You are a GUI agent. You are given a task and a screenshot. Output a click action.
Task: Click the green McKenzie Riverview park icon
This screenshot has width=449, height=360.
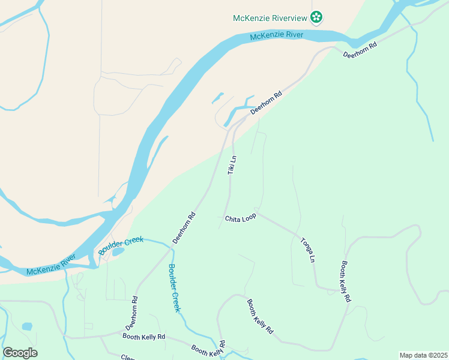316,17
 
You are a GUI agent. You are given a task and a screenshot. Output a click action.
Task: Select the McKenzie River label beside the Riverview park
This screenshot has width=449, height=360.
277,37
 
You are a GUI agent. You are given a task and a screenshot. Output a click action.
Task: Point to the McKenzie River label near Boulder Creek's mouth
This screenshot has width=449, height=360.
51,265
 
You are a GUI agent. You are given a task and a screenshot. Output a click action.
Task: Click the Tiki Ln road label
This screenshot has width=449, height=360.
232,165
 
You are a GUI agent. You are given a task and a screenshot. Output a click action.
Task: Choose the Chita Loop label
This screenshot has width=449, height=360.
240,218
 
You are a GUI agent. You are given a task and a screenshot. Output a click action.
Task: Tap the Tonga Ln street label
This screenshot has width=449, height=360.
307,250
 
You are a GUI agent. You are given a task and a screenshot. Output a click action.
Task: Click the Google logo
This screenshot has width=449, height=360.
20,352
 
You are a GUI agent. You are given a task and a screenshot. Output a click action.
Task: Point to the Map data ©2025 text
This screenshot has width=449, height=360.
423,355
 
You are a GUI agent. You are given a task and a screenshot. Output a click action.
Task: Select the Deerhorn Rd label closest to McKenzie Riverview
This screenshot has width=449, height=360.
360,50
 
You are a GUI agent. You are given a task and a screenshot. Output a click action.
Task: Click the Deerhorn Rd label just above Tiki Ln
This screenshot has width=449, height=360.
266,103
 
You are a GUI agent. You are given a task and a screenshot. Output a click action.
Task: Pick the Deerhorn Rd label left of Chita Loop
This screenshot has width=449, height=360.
184,228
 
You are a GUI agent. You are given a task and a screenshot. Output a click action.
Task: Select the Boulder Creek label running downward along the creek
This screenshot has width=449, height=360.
173,287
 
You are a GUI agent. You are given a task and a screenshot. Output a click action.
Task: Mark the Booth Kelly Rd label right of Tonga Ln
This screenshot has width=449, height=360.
346,280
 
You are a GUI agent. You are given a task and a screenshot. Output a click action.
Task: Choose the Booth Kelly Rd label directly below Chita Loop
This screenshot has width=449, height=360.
261,316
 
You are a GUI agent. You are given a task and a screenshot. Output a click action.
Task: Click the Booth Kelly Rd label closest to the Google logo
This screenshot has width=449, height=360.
143,337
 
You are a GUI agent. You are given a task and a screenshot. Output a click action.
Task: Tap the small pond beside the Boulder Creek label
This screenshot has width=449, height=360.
117,252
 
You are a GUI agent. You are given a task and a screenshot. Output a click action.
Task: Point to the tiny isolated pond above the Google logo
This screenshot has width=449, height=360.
26,326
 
